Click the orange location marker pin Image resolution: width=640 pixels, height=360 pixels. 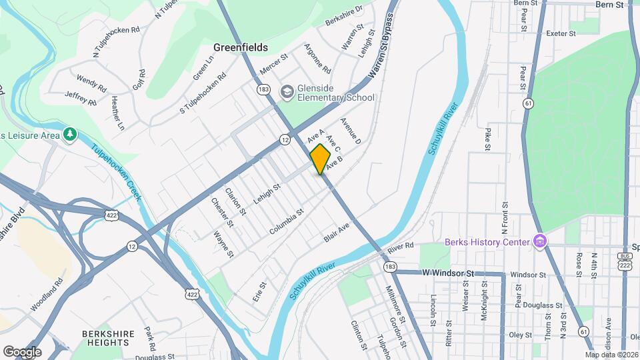point(320,159)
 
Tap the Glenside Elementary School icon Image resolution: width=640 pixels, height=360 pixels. point(287,91)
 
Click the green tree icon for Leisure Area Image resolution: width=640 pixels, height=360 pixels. point(70,135)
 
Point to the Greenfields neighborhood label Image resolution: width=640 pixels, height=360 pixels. point(241,47)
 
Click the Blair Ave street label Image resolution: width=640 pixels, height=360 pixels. point(337,237)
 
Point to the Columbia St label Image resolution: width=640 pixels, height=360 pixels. point(287,221)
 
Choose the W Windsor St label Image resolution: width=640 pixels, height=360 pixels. point(448,273)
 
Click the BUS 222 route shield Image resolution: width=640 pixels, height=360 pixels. point(625,261)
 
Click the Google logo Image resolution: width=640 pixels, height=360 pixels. point(22,351)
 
